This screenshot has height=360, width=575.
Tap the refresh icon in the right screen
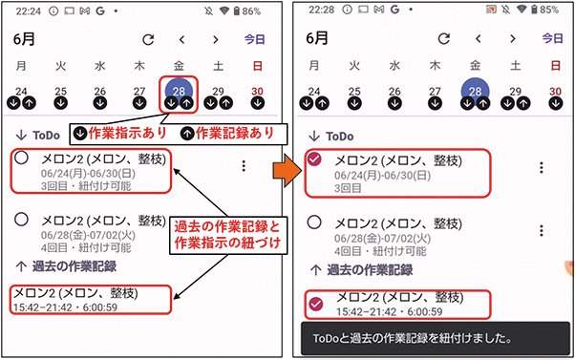coord(442,40)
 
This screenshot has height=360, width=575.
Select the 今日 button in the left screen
coord(255,40)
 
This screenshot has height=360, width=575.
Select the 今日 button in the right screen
coord(551,40)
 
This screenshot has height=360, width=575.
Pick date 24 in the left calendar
coord(21,91)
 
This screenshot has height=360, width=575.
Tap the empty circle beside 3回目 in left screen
coord(21,159)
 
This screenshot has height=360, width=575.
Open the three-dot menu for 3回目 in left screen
coord(243,166)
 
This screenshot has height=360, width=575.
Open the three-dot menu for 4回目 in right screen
coord(541,228)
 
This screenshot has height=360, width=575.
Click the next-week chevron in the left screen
coord(216,40)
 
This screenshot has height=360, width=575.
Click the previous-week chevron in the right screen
coord(477,40)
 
